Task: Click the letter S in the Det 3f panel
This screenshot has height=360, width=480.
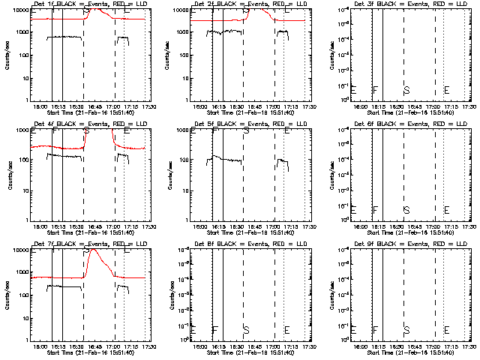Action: [406, 90]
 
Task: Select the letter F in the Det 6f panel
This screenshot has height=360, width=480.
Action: [376, 209]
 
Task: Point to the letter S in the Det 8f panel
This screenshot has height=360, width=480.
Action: [246, 329]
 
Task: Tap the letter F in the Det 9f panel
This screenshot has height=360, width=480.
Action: [376, 329]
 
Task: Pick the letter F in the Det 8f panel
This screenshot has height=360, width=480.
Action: [215, 329]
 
